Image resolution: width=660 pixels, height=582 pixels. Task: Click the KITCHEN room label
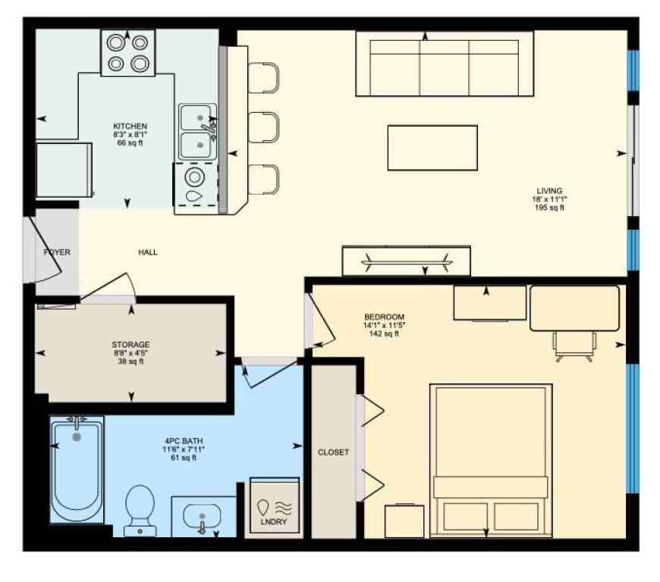pos(130,126)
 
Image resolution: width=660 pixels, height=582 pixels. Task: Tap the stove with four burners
pos(127,53)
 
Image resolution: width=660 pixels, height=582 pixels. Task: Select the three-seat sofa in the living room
pos(444,64)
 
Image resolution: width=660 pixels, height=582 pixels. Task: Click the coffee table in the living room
pos(432,148)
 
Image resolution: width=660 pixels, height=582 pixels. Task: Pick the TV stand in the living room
pos(406,261)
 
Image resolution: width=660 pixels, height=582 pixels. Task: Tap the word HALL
pos(148,252)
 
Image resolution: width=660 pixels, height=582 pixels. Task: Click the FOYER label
pos(57,252)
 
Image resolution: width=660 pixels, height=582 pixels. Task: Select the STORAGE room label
pos(130,345)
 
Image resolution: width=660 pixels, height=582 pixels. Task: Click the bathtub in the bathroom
pos(76,470)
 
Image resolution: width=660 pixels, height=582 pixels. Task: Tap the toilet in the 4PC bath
pos(139,507)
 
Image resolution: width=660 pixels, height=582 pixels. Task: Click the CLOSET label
pos(333,452)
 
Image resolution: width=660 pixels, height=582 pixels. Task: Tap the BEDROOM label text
pos(384,317)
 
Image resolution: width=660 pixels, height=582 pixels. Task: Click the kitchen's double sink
pos(197,130)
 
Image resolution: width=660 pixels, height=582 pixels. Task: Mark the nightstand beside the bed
pos(404,521)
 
